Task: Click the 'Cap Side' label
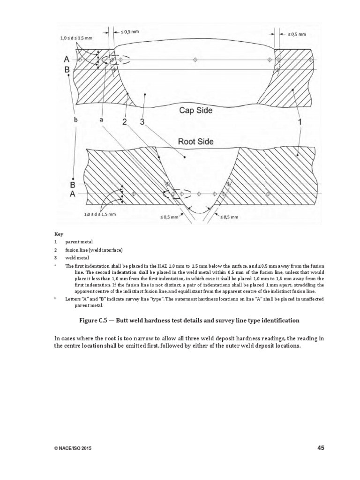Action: pos(195,111)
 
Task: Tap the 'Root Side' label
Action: pos(195,141)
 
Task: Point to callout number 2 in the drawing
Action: pos(125,122)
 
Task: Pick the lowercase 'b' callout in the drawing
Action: pos(75,120)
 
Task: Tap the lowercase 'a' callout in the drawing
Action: pos(100,120)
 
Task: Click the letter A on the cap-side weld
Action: pos(67,60)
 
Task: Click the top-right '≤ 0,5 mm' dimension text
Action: pos(296,34)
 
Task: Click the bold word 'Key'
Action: pos(59,233)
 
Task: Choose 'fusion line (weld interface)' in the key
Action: pos(94,250)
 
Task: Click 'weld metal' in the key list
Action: pos(76,258)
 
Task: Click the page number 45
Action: pos(321,448)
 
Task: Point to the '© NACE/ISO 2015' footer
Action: pos(73,449)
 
